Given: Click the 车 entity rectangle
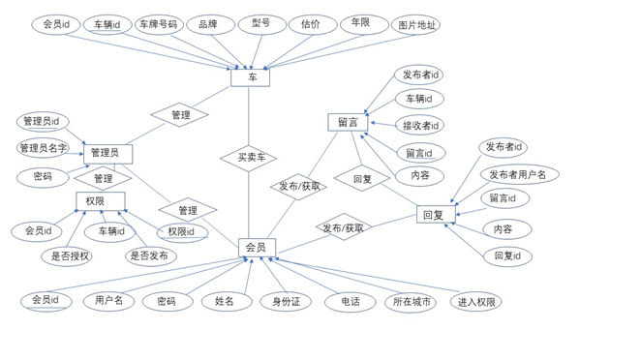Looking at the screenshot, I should [250, 77].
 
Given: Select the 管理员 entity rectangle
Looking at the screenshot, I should [106, 153].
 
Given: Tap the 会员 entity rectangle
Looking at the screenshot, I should [256, 248].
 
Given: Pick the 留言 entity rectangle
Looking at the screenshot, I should [348, 122].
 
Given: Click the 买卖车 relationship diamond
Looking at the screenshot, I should [249, 158].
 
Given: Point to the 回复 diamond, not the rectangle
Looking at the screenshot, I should [362, 179].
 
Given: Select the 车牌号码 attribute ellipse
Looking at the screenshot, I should [159, 24].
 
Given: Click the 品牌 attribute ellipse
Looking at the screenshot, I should [209, 24].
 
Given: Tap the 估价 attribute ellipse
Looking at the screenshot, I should [312, 24].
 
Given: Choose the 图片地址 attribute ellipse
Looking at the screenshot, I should [416, 25].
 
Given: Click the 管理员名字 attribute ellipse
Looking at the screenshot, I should [44, 148].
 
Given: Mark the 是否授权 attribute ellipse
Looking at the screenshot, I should [67, 256].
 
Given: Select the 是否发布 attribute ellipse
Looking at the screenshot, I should [150, 256].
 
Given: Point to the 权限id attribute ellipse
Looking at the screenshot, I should [182, 232].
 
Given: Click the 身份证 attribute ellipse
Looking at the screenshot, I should [286, 302].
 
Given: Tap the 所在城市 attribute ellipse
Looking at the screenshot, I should [411, 302].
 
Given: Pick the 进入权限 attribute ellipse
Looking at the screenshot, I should [477, 302].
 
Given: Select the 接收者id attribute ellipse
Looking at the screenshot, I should [420, 125].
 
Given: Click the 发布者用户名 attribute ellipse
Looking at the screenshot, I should [519, 174].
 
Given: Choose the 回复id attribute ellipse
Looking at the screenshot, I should [507, 256].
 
